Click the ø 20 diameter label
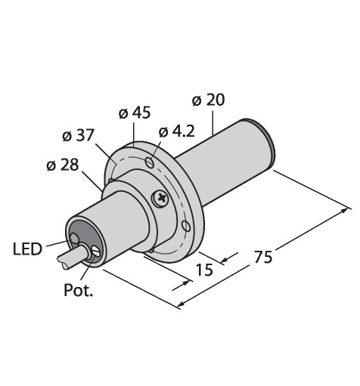pos(208,100)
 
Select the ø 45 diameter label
pos(135,113)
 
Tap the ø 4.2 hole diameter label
pos(177,131)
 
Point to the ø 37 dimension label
pos(79,135)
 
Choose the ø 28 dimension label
pos(63,165)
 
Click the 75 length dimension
pos(263,257)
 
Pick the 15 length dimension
pos(204,270)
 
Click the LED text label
pos(27,249)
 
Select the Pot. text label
pos(79,290)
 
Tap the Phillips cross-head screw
pos(161,198)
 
